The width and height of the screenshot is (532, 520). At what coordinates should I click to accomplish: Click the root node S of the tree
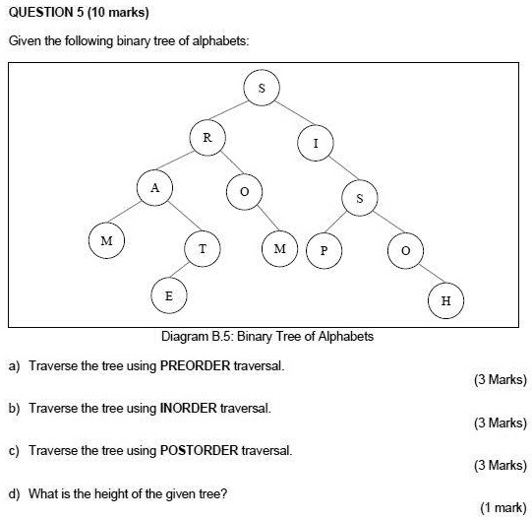(262, 88)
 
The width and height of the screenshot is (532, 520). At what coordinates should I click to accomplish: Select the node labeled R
(207, 138)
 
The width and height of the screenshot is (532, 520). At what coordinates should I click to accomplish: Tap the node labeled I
(316, 143)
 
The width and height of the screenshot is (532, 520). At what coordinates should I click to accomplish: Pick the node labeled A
(154, 187)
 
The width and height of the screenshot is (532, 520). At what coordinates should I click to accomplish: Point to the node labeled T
(203, 249)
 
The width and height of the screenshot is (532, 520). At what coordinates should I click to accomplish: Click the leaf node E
(169, 295)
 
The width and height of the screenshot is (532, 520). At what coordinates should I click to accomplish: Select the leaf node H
(445, 300)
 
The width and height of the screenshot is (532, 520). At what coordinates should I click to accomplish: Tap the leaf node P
(324, 250)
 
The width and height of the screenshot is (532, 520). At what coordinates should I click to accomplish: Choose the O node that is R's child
(244, 192)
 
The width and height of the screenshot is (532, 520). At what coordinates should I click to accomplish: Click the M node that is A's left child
(106, 240)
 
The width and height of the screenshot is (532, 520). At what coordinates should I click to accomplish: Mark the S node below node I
(360, 198)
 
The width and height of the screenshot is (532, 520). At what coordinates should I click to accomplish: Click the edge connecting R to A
(175, 161)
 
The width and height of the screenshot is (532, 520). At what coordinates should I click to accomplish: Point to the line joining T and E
(180, 270)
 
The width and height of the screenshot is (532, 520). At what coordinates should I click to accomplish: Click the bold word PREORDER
(195, 366)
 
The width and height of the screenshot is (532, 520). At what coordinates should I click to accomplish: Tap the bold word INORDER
(188, 408)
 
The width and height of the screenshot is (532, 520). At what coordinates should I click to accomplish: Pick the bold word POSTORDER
(200, 451)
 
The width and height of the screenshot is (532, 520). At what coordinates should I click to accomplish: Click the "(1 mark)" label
(503, 507)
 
